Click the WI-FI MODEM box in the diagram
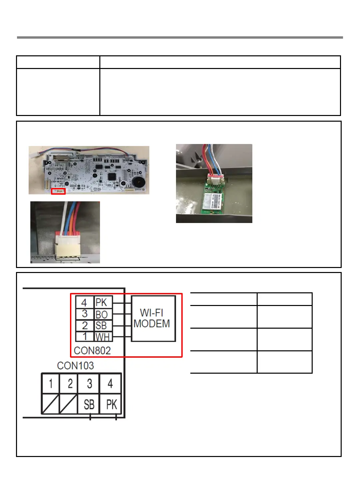[153, 318]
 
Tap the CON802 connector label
[92, 351]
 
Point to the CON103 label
[75, 366]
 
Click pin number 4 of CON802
[84, 303]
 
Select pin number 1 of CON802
[85, 337]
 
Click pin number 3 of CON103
[89, 384]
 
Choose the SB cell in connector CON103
[89, 405]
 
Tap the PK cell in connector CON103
[111, 405]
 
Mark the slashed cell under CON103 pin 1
[50, 404]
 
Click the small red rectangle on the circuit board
[58, 191]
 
